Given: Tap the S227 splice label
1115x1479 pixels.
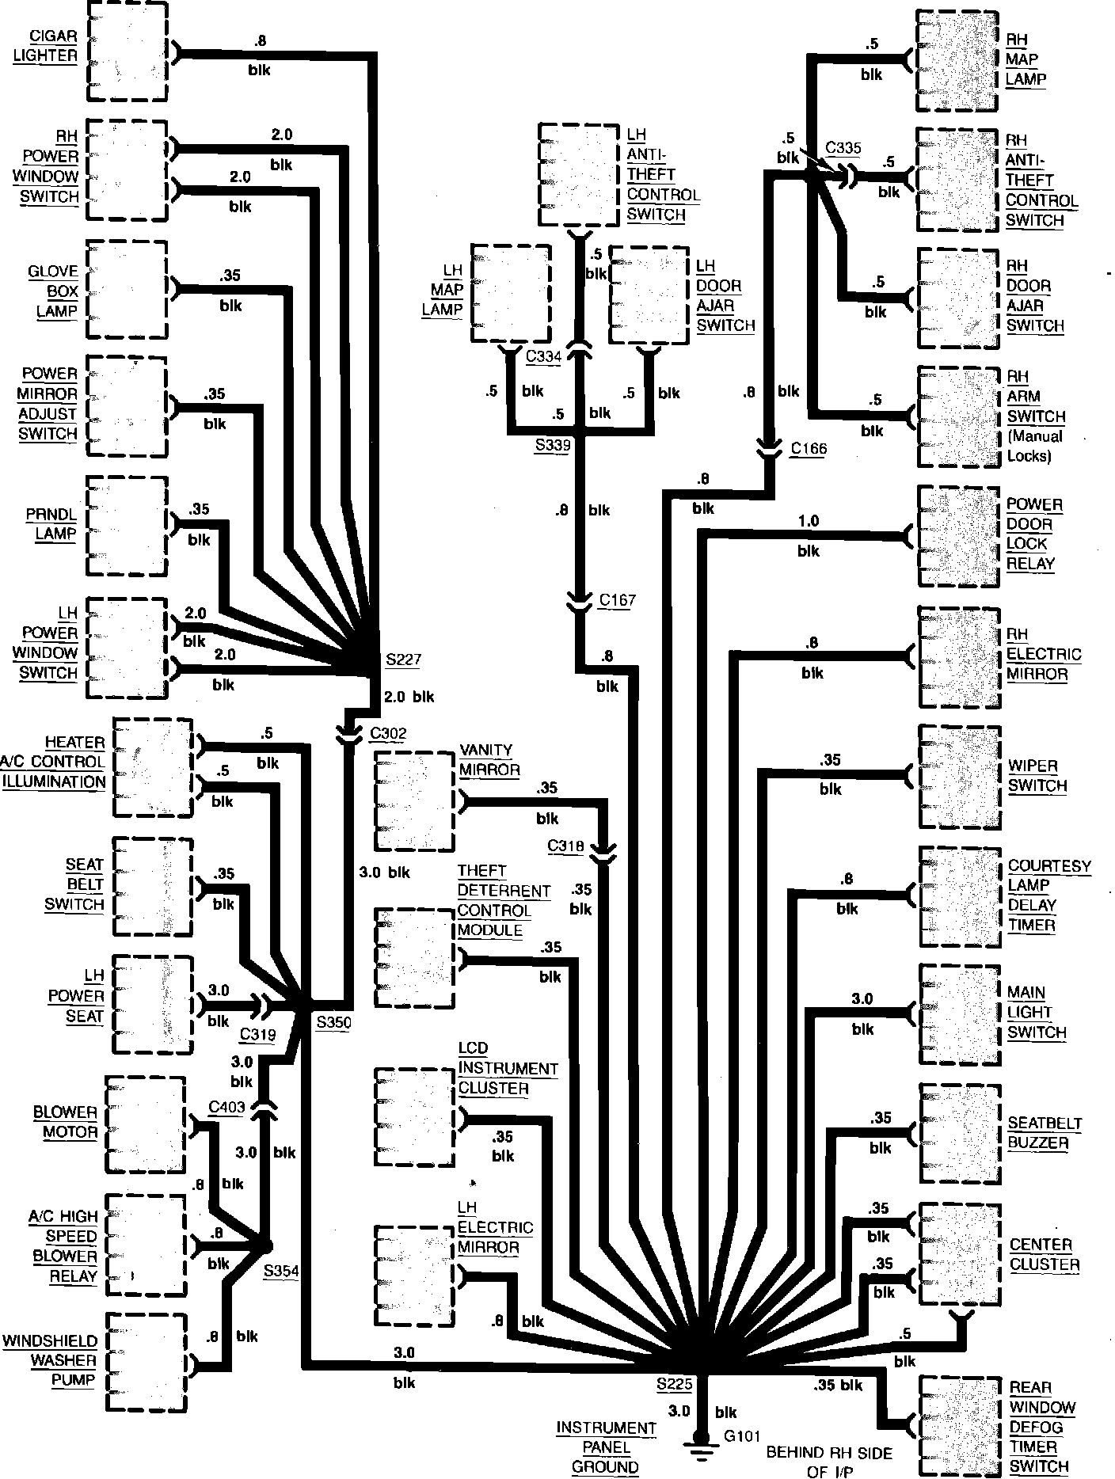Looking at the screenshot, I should pyautogui.click(x=403, y=660).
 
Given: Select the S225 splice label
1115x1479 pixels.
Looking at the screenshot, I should pyautogui.click(x=674, y=1386).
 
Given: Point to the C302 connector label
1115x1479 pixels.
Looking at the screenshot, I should pyautogui.click(x=388, y=733).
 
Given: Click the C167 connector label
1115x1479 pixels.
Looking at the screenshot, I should pyautogui.click(x=618, y=600).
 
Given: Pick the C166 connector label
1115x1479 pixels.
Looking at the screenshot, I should pyautogui.click(x=809, y=449).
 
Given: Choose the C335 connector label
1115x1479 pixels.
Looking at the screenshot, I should pyautogui.click(x=843, y=148).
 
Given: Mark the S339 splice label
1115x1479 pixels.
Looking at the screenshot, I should pyautogui.click(x=553, y=445).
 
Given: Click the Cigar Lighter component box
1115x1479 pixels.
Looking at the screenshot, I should pyautogui.click(x=127, y=51).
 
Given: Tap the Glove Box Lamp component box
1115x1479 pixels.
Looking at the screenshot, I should pyautogui.click(x=127, y=291).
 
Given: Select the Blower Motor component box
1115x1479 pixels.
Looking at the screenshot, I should pyautogui.click(x=145, y=1124).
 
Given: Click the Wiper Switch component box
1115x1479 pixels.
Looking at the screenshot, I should pyautogui.click(x=957, y=777).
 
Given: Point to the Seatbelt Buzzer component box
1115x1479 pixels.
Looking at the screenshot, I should pyautogui.click(x=958, y=1134).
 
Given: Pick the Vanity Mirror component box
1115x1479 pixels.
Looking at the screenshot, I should pyautogui.click(x=413, y=801).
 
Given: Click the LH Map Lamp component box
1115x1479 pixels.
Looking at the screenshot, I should pyautogui.click(x=511, y=293).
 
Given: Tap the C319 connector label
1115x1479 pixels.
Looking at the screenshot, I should pyautogui.click(x=257, y=1035).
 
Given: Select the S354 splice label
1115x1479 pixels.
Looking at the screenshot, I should pyautogui.click(x=281, y=1271).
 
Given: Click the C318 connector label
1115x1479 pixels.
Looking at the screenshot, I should pyautogui.click(x=566, y=846).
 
